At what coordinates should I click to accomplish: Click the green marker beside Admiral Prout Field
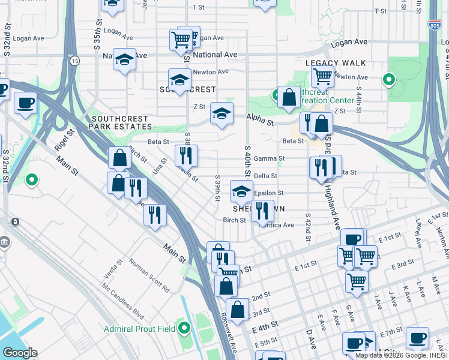pos(184,328)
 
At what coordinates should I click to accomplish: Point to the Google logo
pos(19,353)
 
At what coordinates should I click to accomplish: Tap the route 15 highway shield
pos(74,61)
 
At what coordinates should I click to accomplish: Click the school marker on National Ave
pos(124,59)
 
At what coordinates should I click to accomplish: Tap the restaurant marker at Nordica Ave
pos(262,210)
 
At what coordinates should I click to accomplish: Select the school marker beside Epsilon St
pos(241,192)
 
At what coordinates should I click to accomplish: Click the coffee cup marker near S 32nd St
pos(25,103)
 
